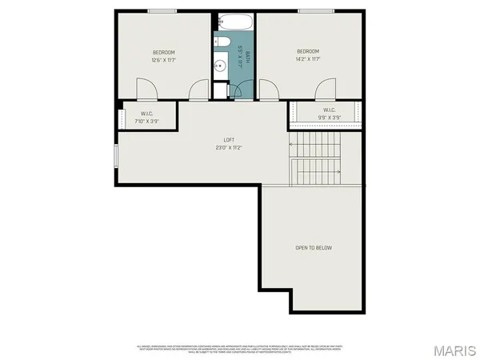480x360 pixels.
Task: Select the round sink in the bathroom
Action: (222, 66)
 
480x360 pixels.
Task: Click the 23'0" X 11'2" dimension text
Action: (229, 148)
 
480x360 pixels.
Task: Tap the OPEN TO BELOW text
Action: (314, 248)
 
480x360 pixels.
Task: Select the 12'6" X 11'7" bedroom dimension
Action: (163, 60)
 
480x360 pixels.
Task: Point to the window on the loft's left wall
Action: (117, 156)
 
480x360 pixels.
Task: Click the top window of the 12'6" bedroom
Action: (162, 10)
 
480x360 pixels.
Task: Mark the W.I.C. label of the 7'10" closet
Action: (146, 114)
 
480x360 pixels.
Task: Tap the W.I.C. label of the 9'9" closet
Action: (329, 110)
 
